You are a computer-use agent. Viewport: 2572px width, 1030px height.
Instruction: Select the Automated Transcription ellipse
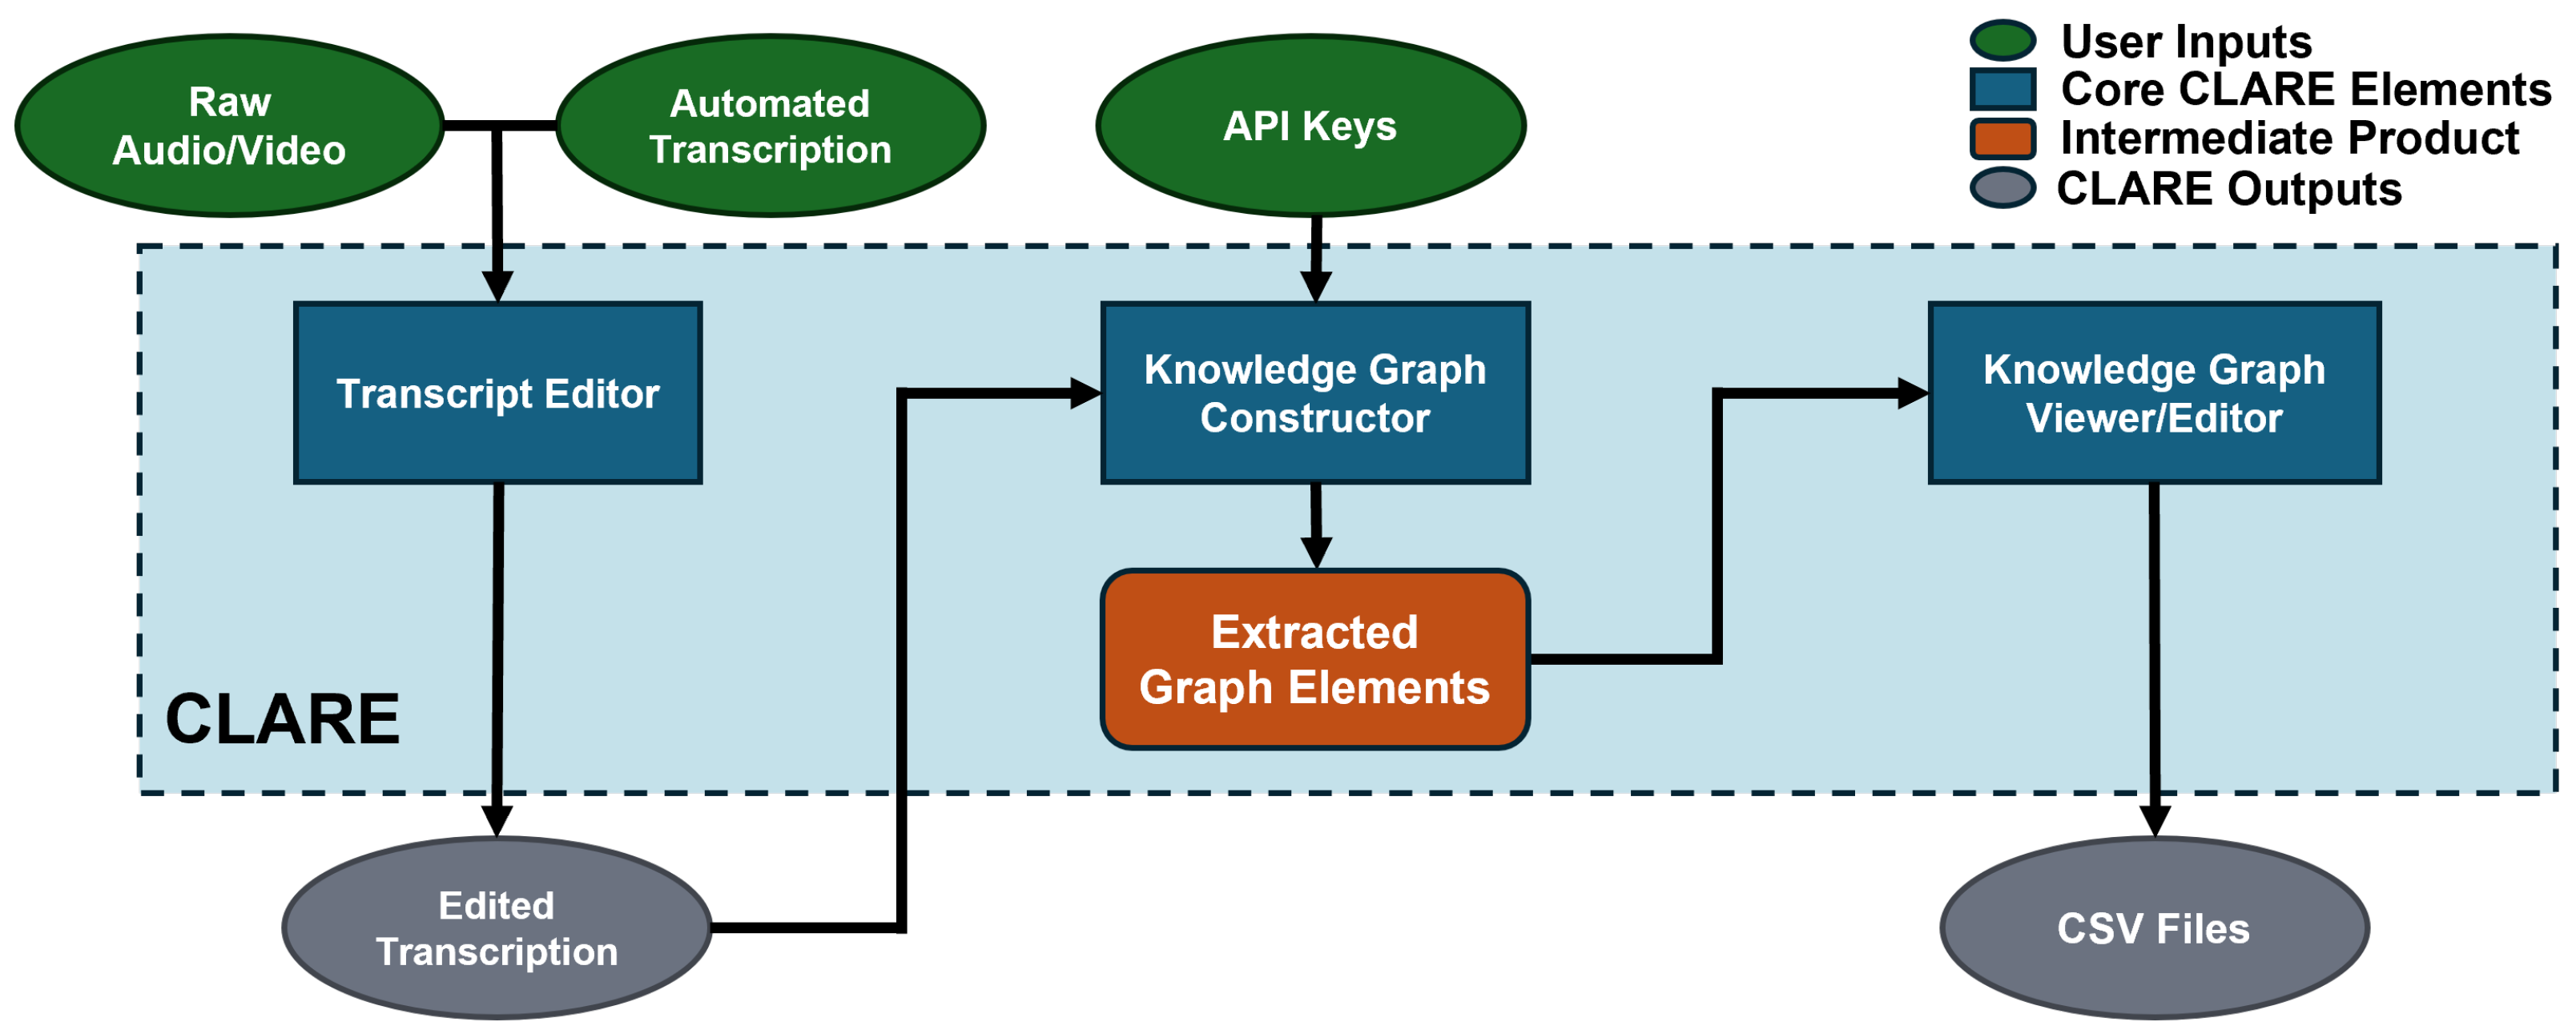(770, 126)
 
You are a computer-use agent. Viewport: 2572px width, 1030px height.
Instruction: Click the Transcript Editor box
(497, 393)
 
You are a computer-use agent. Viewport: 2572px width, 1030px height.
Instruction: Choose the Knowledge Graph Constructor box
(1315, 393)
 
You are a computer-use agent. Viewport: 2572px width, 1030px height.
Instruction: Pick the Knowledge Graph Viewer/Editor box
(2154, 393)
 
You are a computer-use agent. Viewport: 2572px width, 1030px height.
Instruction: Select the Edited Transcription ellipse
(497, 928)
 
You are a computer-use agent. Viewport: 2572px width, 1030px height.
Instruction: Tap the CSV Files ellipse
(2154, 928)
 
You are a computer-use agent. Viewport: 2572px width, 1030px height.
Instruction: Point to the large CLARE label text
(283, 718)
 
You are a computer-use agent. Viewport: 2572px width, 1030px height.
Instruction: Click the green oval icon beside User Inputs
(2002, 40)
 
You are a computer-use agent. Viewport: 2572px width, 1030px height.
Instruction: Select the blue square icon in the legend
(2002, 89)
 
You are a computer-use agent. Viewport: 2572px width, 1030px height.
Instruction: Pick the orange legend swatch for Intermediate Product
(2002, 138)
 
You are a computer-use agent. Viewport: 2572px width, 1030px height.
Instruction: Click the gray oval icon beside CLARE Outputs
(2002, 187)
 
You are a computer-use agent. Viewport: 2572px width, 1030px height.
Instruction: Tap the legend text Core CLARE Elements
(2304, 89)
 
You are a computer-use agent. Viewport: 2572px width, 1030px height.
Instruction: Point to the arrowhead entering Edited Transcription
(497, 820)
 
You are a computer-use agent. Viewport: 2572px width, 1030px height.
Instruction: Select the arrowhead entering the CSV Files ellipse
(2155, 820)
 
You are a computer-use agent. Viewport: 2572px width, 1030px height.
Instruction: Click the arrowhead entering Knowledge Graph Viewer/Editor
(1912, 393)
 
